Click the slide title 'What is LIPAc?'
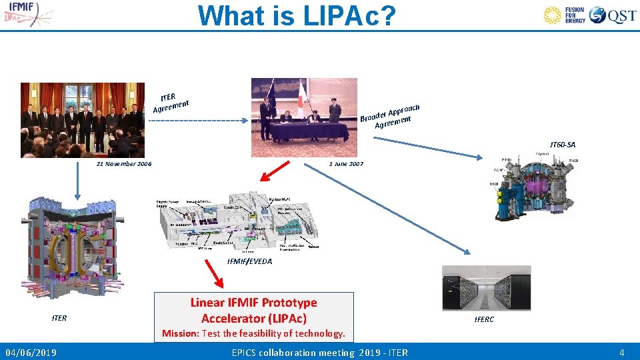(297, 16)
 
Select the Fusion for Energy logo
(564, 15)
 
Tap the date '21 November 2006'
(124, 164)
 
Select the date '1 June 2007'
(346, 164)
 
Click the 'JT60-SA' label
(562, 145)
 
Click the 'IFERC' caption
(484, 320)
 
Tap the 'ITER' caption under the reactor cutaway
(59, 318)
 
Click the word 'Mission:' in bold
(181, 333)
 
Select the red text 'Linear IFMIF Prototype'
(253, 303)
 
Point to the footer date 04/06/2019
(31, 352)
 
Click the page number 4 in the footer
(621, 352)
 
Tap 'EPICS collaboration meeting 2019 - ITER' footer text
(319, 352)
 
